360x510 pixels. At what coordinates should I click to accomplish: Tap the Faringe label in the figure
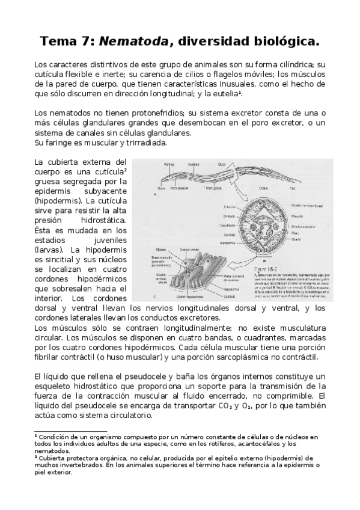coord(171,164)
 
